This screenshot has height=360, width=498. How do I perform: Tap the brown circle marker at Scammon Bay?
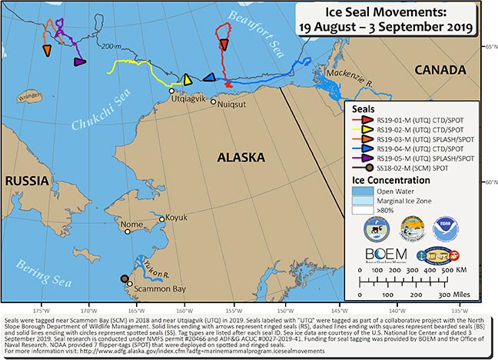[125, 280]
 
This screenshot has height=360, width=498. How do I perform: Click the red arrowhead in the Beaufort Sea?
[224, 45]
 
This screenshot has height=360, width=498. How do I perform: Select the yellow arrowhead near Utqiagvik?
[187, 79]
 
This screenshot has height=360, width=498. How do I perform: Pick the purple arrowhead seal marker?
[79, 62]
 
